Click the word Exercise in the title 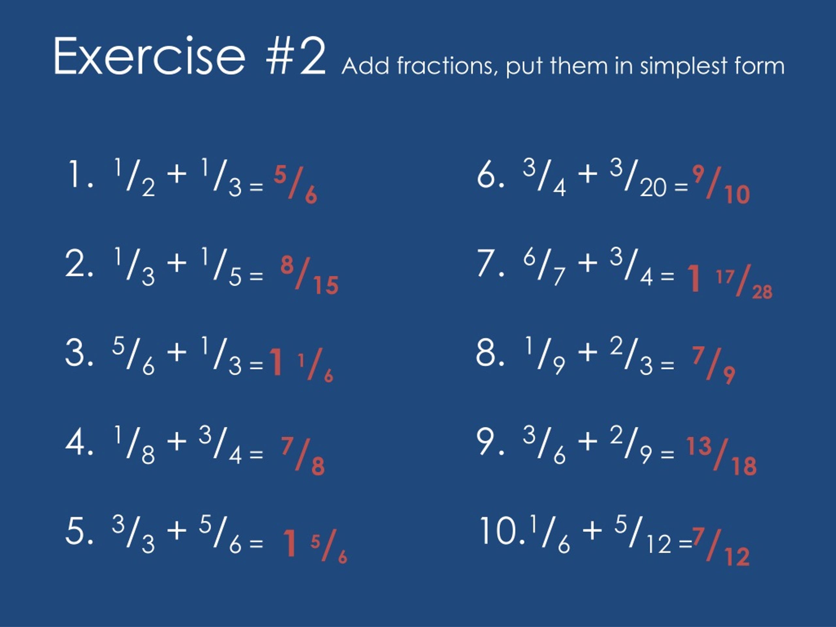click(x=150, y=56)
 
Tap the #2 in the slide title click(x=296, y=56)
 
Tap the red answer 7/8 click(x=303, y=456)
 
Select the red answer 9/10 click(x=721, y=185)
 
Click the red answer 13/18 click(x=721, y=456)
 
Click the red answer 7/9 click(x=714, y=365)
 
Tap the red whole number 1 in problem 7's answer click(x=694, y=278)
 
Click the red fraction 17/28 click(x=744, y=281)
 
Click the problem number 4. click(x=79, y=442)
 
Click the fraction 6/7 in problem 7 click(x=545, y=267)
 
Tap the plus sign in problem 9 click(x=588, y=442)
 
